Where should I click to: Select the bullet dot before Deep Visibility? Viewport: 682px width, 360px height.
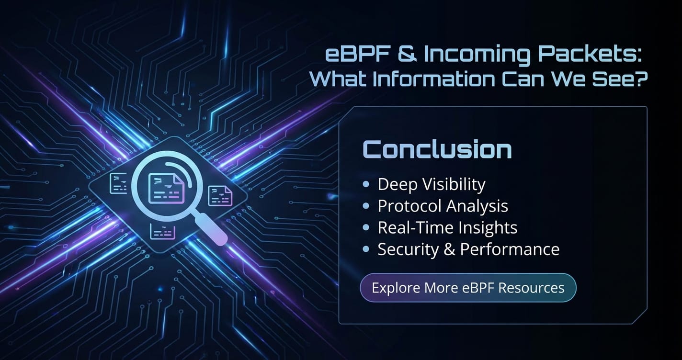pyautogui.click(x=366, y=184)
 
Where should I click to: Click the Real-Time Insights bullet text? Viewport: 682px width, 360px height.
pyautogui.click(x=447, y=228)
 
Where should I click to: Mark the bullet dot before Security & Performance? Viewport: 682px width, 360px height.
pyautogui.click(x=366, y=249)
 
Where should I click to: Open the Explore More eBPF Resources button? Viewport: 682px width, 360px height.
pyautogui.click(x=468, y=288)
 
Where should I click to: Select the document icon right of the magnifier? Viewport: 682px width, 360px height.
pyautogui.click(x=220, y=195)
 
